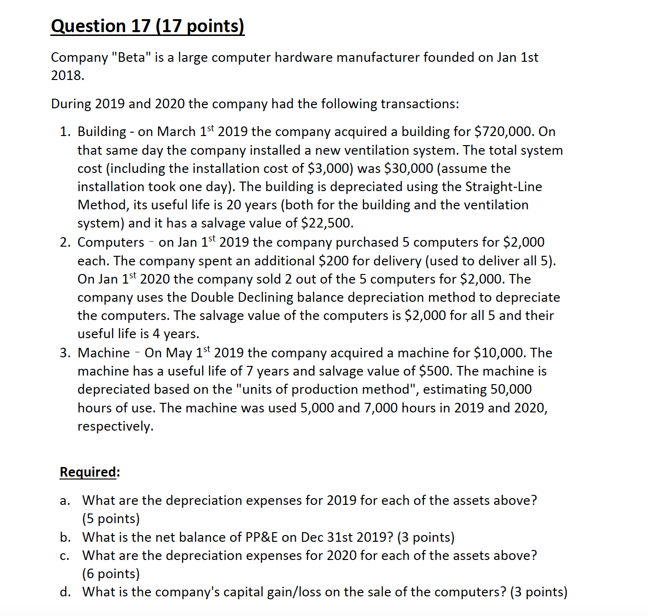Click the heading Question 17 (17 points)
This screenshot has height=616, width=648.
click(147, 26)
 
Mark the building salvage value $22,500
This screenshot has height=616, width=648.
click(327, 223)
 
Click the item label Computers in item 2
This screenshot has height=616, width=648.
click(111, 242)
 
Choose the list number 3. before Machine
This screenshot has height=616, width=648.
click(66, 353)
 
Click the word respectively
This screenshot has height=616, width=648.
click(116, 426)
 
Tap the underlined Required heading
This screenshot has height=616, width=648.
click(88, 472)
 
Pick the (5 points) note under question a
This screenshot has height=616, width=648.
click(111, 519)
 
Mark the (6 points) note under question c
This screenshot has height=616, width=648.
click(111, 574)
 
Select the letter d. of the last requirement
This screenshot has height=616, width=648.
click(66, 592)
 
